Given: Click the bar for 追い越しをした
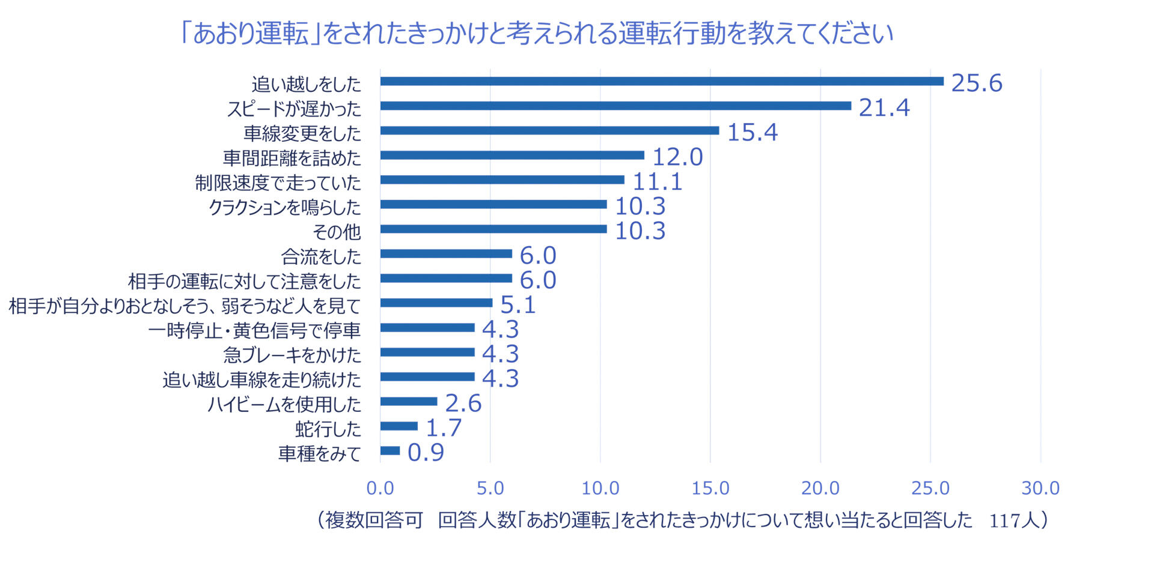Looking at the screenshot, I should [661, 81].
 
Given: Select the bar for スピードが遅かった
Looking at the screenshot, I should [615, 106].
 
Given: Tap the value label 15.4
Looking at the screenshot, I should [753, 132].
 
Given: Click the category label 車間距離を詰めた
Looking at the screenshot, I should [292, 157].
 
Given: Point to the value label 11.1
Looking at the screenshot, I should [658, 181].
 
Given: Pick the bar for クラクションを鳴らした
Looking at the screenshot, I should [493, 204].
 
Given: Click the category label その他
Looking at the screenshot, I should [337, 231].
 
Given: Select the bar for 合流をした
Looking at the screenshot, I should [445, 253].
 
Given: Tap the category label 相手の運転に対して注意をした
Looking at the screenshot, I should [245, 280].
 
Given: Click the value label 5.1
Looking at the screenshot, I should [517, 305].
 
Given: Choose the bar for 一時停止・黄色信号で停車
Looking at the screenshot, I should [427, 327].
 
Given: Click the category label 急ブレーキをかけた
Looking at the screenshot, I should [292, 354].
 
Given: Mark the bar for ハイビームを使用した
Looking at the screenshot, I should [408, 401].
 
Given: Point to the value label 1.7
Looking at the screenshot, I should [444, 428].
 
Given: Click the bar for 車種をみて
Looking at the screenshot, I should [389, 450].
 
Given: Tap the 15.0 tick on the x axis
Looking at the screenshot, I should [710, 488].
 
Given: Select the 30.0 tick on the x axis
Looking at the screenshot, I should [1040, 488].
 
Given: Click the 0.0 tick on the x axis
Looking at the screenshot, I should [380, 488].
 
